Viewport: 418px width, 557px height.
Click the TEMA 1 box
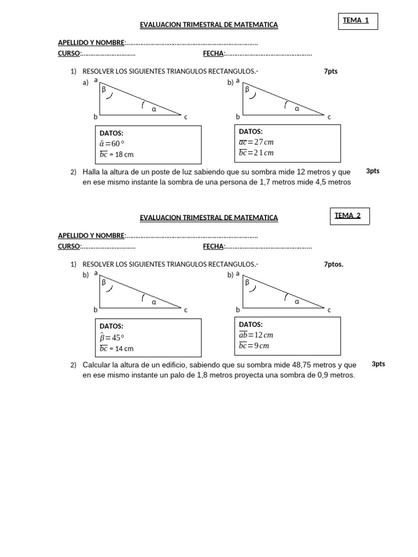point(356,21)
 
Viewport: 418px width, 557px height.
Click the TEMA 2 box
point(349,216)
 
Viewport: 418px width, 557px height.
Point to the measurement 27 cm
point(264,142)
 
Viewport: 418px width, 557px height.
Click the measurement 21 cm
point(264,153)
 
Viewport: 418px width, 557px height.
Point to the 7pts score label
point(330,71)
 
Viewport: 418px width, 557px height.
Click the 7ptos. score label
point(334,264)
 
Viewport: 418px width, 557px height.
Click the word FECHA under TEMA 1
point(213,53)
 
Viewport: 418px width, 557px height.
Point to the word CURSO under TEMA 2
point(69,246)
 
